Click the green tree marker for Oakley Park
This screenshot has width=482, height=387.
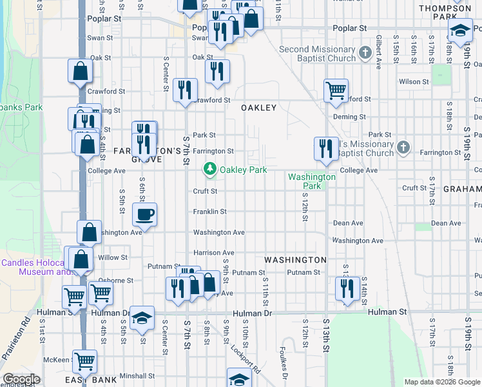click(x=209, y=170)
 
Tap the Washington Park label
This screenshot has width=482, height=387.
click(x=312, y=181)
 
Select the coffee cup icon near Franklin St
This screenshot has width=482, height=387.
click(x=144, y=214)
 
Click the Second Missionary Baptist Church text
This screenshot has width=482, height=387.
click(x=317, y=54)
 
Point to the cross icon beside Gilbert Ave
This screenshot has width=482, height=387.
click(x=365, y=52)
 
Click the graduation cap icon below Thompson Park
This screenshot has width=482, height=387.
click(x=460, y=31)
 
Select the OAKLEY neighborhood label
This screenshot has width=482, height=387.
click(x=258, y=108)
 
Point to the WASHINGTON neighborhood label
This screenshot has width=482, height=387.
click(x=295, y=259)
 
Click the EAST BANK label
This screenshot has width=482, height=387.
click(x=91, y=380)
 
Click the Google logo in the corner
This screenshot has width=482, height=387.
click(x=21, y=379)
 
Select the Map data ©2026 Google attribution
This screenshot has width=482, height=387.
click(x=442, y=382)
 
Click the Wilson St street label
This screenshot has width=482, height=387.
click(x=414, y=82)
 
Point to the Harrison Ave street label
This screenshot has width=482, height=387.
click(x=214, y=252)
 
